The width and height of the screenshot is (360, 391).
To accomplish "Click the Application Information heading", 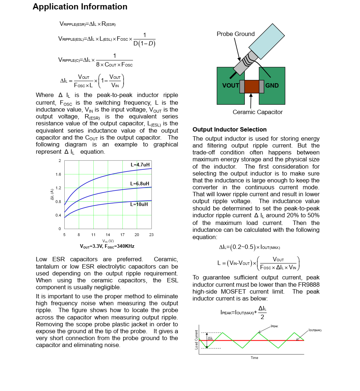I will click(80, 7).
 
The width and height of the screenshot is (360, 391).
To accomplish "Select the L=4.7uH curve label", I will click(140, 165).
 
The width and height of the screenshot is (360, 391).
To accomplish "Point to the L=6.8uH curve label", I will click(140, 184).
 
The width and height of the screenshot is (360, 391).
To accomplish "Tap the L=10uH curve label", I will click(139, 204).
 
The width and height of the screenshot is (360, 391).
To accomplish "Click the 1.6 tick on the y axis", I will click(58, 174).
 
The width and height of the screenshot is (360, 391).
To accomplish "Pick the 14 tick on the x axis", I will click(108, 235).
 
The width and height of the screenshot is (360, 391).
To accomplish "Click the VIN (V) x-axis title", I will click(108, 241).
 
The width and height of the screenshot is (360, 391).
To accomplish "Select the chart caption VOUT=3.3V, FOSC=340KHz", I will click(107, 246).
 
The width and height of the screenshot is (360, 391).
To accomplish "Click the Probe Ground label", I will click(236, 34).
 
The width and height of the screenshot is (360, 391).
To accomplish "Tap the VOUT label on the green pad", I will click(231, 86).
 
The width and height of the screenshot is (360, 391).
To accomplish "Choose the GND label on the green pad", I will click(272, 86).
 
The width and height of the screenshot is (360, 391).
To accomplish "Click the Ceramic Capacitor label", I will click(258, 112).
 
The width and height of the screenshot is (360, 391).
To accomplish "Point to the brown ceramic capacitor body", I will click(252, 86).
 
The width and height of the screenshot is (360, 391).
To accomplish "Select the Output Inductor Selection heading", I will click(230, 130).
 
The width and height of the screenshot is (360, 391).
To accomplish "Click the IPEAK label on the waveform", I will click(274, 326).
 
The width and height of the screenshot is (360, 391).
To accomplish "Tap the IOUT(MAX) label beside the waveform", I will click(315, 330).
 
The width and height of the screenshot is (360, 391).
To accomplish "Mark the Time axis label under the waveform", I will click(254, 358).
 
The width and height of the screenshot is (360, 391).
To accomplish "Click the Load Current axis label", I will click(197, 340).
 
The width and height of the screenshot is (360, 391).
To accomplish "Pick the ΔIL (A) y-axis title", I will click(52, 194).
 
